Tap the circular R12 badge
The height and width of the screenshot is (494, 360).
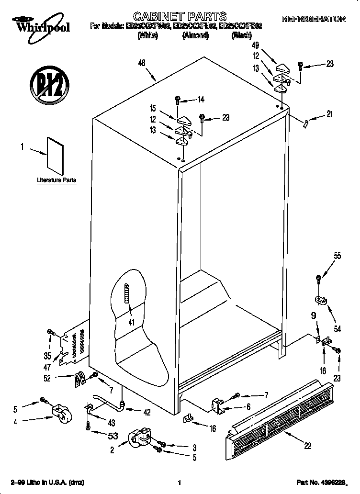(x=47, y=86)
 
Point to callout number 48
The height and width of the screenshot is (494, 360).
(x=142, y=62)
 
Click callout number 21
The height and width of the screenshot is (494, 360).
(x=329, y=114)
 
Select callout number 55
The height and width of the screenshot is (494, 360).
(x=337, y=256)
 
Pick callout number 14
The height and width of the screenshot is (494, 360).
(x=201, y=100)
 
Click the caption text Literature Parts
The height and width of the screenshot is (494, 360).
(x=56, y=180)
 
